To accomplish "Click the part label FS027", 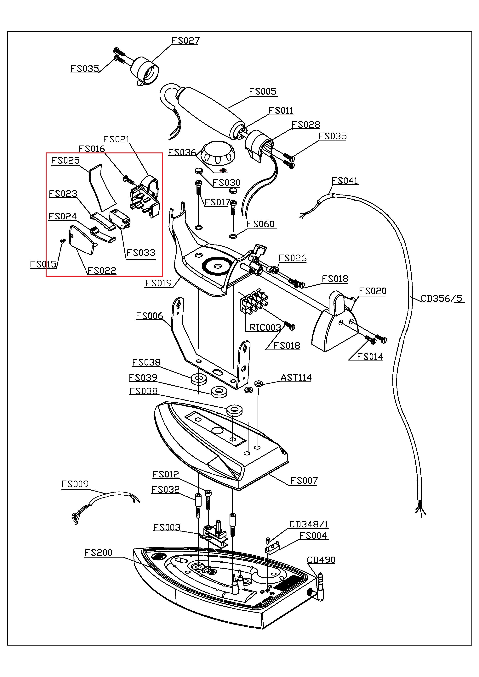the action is click(186, 40).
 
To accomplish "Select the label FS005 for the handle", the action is click(263, 91).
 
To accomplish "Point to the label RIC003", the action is click(265, 327).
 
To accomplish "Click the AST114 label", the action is click(296, 377).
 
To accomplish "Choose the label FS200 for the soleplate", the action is click(98, 553).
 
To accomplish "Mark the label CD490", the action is click(321, 560).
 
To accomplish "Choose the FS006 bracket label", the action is click(149, 316).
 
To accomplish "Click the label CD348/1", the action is click(309, 525).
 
